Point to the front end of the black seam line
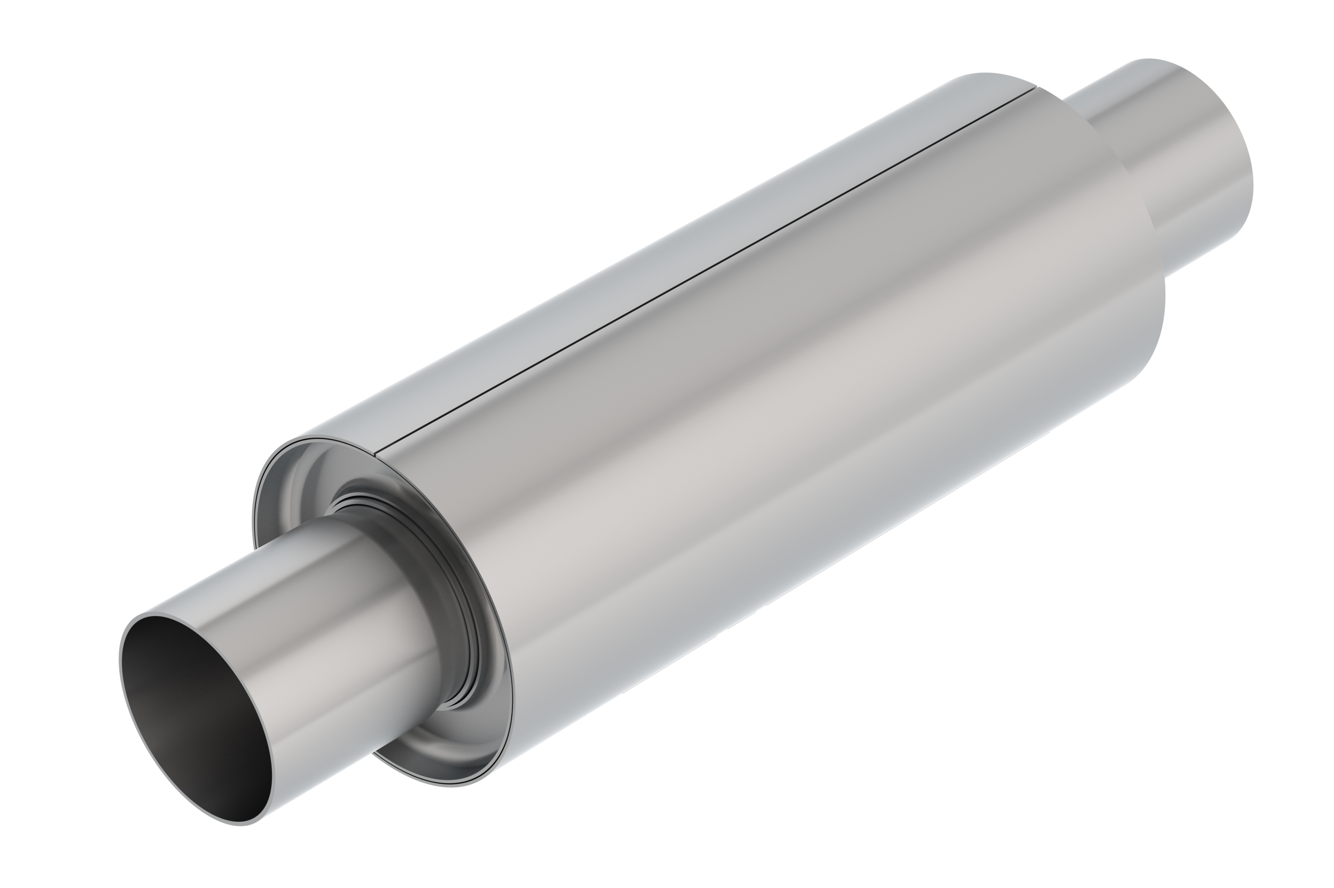(377, 455)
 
